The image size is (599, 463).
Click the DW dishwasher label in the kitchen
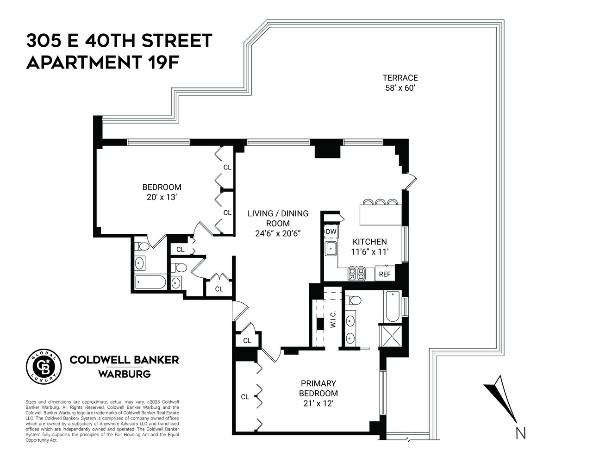coord(331,232)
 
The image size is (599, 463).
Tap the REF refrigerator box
coord(385,274)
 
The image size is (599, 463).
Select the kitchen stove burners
coord(357,274)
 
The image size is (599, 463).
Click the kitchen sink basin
coord(331,249)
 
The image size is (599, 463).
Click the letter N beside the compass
coord(521,433)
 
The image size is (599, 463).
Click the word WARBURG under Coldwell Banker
coord(124,374)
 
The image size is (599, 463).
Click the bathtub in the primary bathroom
coord(392,307)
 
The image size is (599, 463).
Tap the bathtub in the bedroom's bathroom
coord(150,282)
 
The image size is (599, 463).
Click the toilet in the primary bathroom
coord(353,300)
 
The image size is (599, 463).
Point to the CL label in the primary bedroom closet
coord(245,397)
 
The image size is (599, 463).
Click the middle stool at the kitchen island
coord(380,202)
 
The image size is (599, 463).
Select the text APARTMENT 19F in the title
coord(102,62)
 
